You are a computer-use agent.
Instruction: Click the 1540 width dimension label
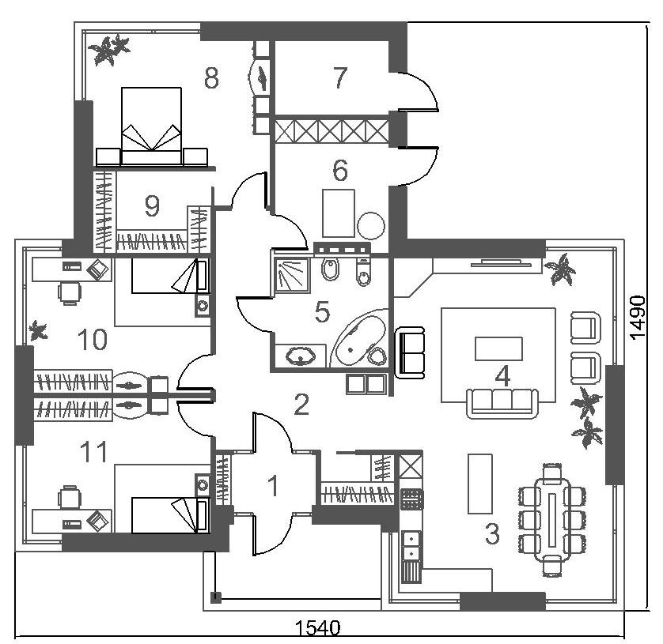[317, 628]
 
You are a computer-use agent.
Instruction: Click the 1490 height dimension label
[637, 318]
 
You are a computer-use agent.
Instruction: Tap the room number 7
[340, 77]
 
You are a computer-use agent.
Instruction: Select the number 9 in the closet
[152, 206]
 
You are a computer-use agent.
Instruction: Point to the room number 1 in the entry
[274, 486]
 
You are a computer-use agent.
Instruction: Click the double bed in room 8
[151, 126]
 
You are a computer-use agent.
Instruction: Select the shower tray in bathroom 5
[292, 275]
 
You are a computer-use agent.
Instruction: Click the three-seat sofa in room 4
[502, 403]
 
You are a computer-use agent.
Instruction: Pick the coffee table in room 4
[498, 348]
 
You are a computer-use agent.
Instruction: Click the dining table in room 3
[551, 519]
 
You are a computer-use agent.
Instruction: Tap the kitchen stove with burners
[411, 499]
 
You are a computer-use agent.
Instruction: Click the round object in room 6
[371, 226]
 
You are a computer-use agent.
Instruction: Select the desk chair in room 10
[70, 292]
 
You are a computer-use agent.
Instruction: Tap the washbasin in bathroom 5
[301, 356]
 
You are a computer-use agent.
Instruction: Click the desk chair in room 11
[70, 496]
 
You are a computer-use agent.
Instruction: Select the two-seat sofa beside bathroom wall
[409, 352]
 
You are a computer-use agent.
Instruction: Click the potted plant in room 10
[38, 330]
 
